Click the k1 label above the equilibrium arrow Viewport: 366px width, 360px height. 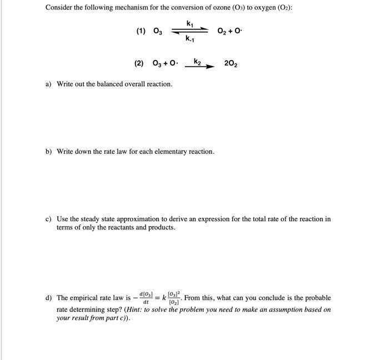coord(190,23)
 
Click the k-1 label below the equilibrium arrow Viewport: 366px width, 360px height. coord(190,39)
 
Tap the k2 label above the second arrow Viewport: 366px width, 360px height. coord(198,59)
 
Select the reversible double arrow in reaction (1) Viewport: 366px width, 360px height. coord(190,31)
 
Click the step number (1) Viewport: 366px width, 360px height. coord(141,32)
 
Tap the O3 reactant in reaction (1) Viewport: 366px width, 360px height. coord(157,32)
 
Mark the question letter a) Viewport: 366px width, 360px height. coord(49,84)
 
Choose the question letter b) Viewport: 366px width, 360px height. coord(49,151)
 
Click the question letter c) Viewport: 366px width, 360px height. coord(49,219)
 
